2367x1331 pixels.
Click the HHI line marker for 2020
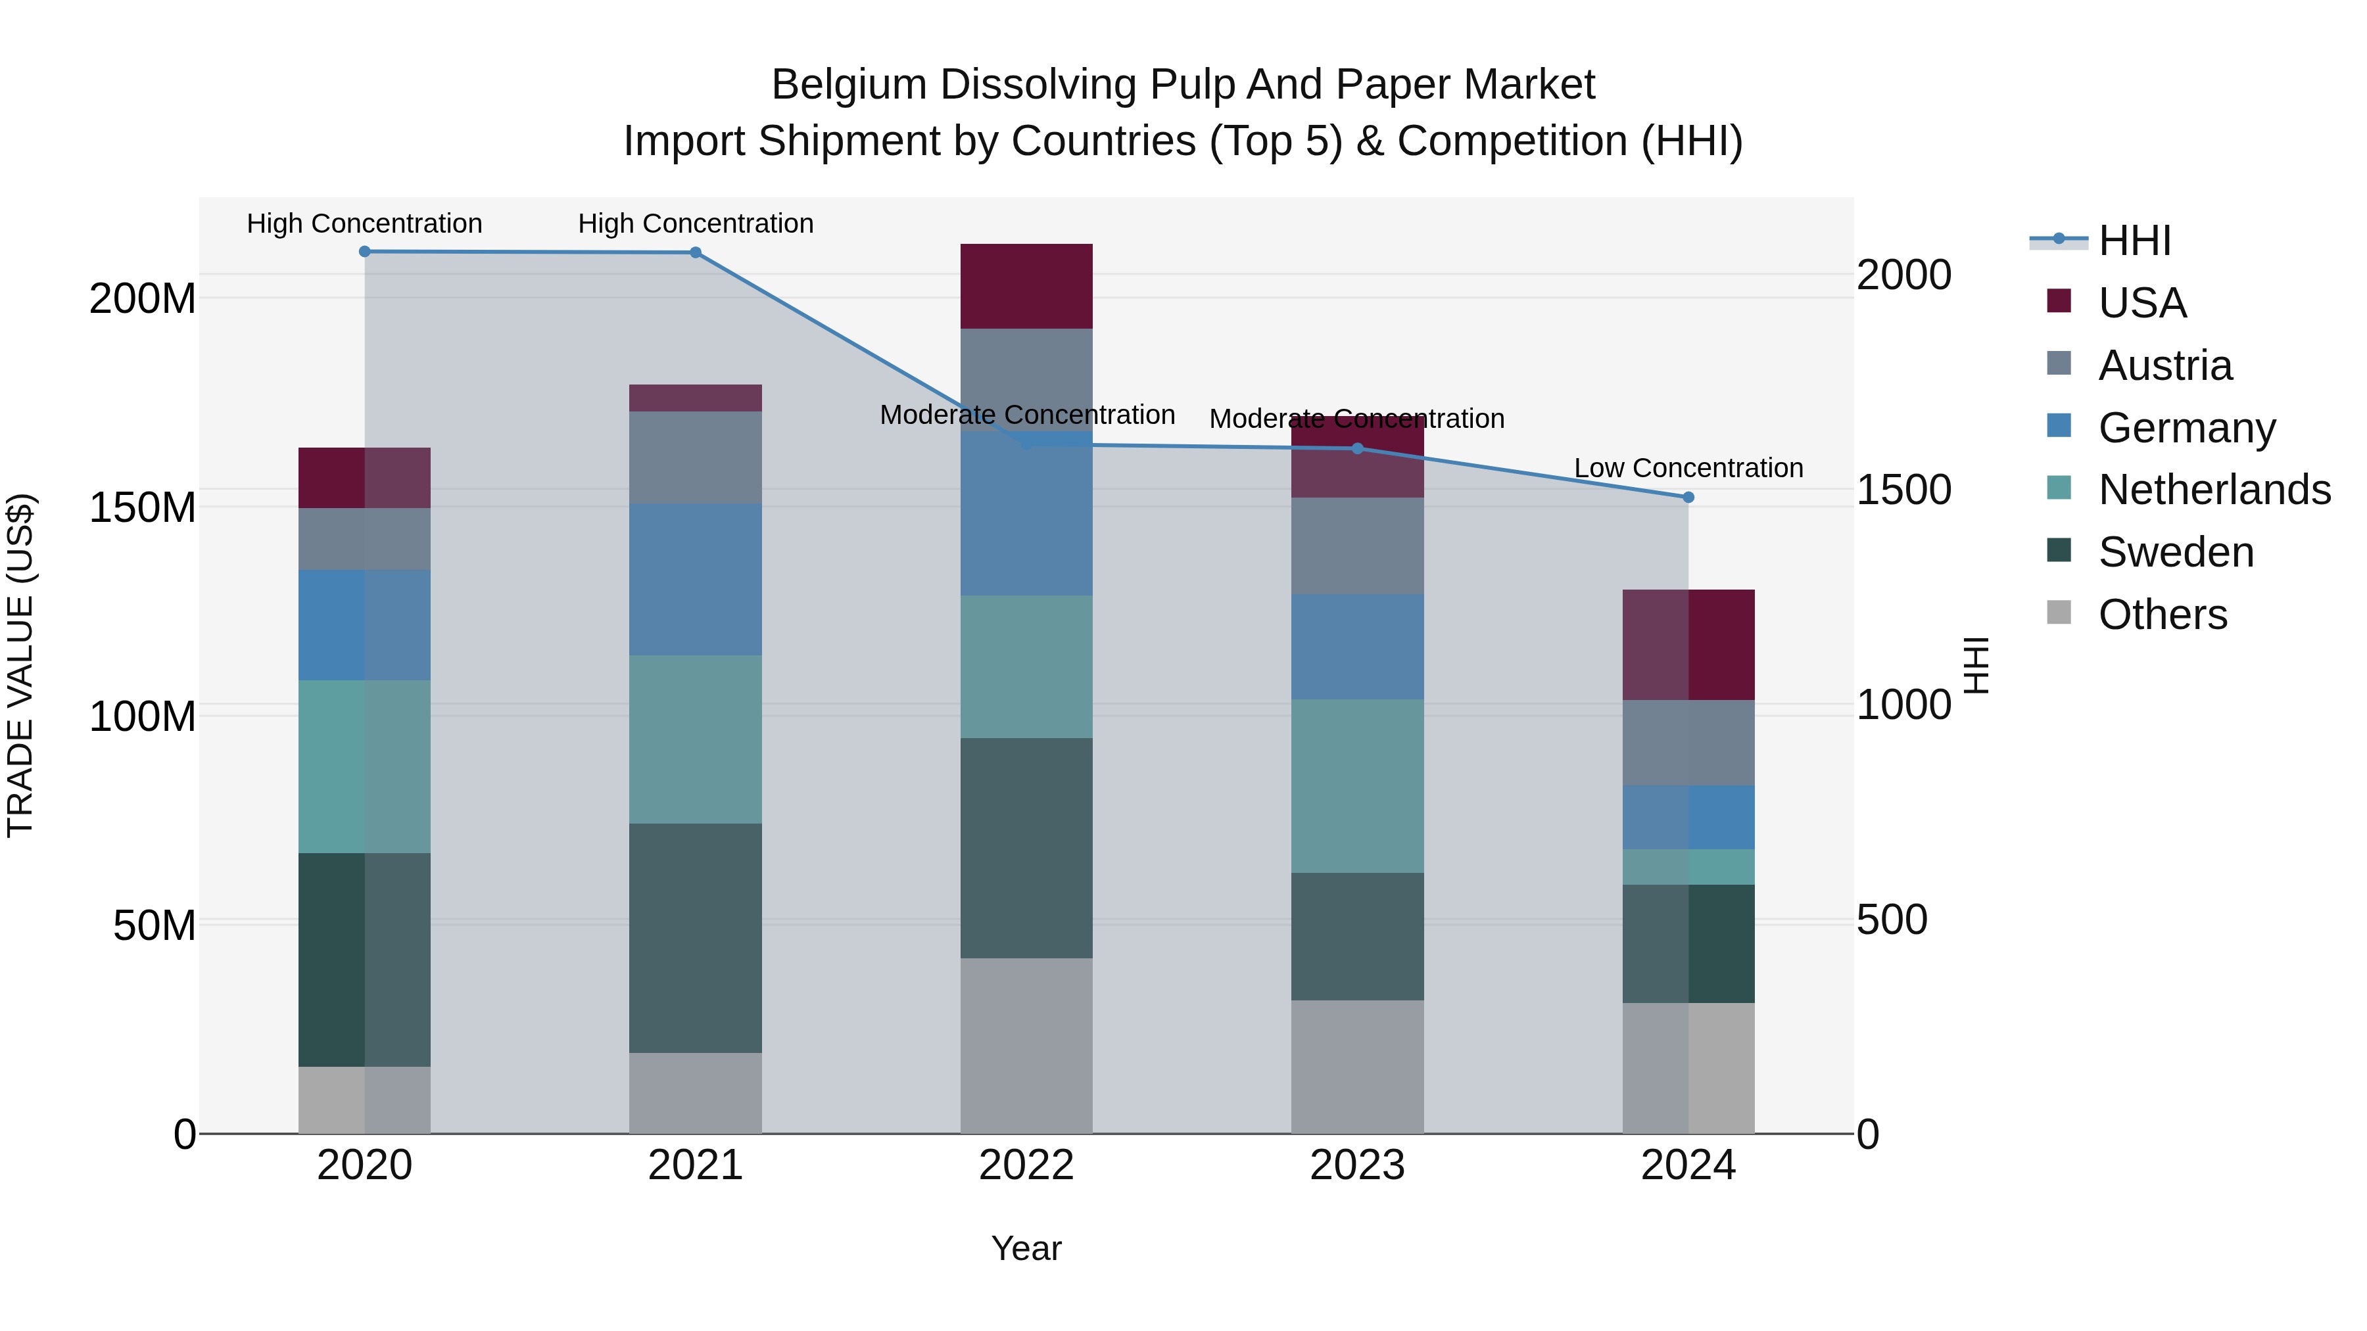pos(365,252)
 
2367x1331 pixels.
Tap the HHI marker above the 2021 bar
pos(696,252)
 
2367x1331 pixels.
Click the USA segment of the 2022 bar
pos(1026,286)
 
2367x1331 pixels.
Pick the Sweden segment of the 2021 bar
pos(696,938)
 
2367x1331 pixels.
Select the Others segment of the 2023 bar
pos(1357,1067)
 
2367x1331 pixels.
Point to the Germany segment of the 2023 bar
pos(1357,647)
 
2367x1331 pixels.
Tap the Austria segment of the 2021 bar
pos(696,457)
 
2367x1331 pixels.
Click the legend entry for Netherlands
pos(2214,490)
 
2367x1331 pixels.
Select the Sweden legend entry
pos(2176,552)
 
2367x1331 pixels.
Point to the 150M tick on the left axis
pos(143,507)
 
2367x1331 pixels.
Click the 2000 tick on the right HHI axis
pos(1904,275)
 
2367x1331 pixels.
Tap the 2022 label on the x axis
pos(1026,1165)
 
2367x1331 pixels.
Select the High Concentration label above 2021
pos(696,224)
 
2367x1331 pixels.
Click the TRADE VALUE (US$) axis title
pos(20,665)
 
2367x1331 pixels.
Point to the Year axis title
pos(1026,1248)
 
